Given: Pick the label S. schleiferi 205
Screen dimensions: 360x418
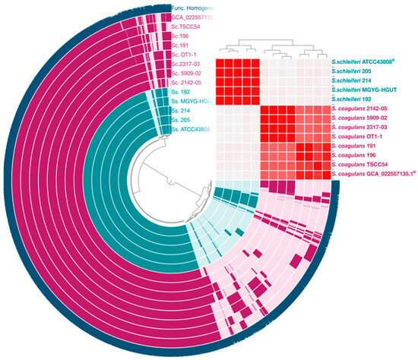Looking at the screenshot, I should tap(358, 68).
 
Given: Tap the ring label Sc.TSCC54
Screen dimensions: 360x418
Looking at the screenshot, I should tap(188, 26).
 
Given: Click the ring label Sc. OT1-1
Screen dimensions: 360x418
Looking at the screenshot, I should tap(187, 55).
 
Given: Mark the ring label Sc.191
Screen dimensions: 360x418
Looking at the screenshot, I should tap(182, 45).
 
